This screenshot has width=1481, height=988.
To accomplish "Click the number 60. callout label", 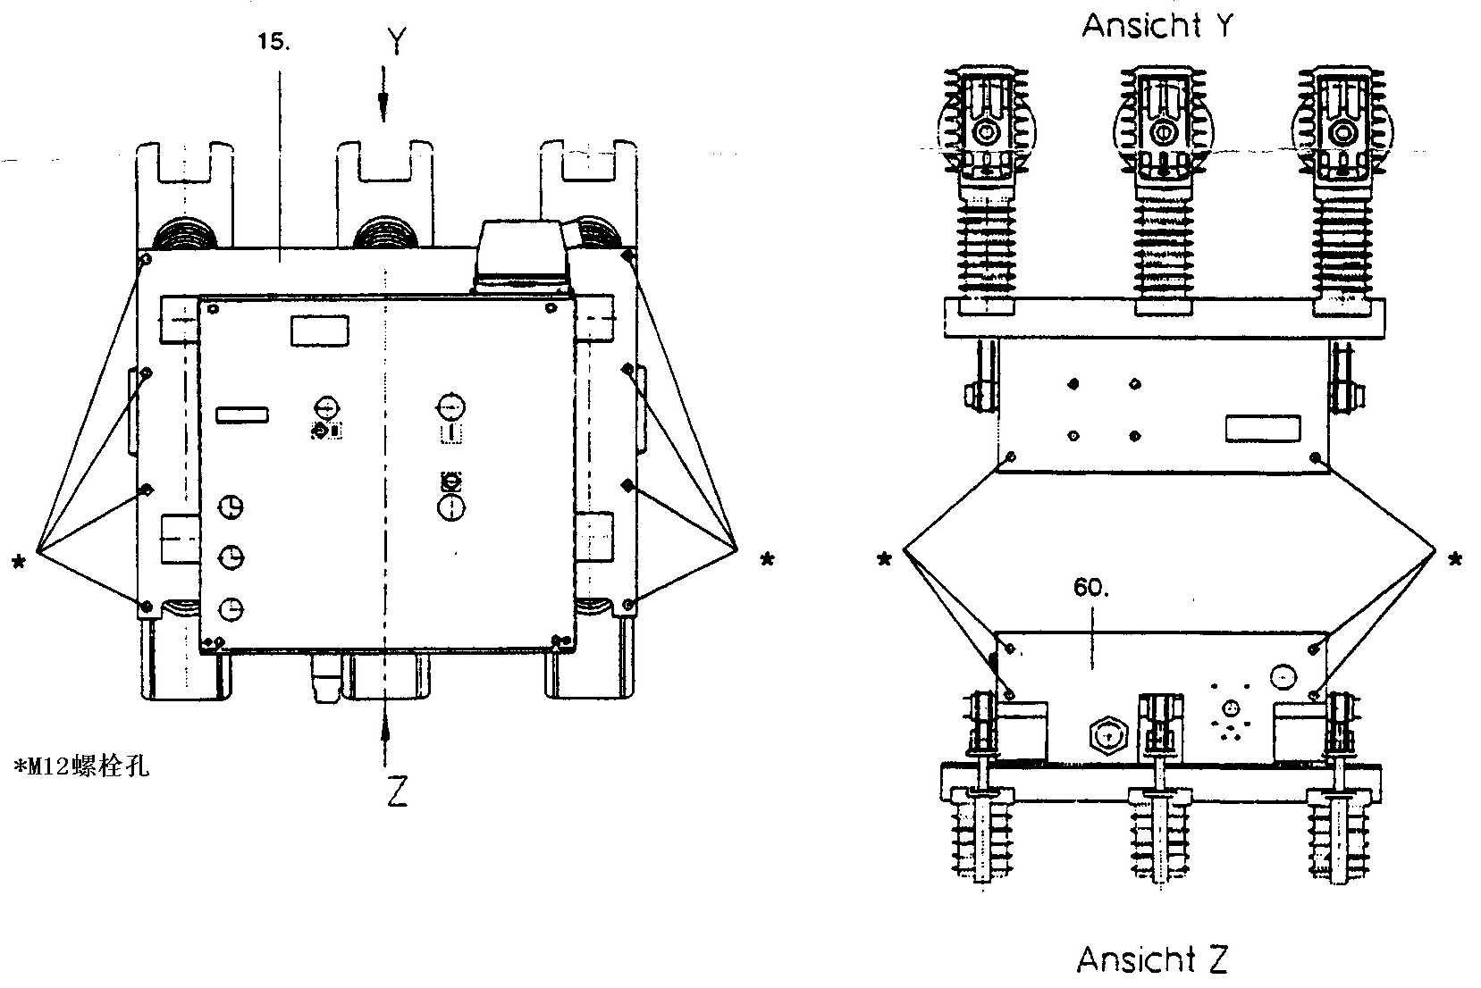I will click(x=1090, y=588).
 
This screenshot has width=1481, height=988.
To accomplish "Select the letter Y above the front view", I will click(x=396, y=41).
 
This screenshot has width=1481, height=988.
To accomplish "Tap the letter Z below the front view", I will click(x=397, y=790).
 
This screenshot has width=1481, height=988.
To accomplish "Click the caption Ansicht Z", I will click(x=1152, y=959).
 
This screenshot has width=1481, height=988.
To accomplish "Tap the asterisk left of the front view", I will click(x=19, y=562).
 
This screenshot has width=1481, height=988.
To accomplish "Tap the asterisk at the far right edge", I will click(x=1455, y=560).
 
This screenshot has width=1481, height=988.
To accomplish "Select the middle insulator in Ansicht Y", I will click(x=1162, y=188).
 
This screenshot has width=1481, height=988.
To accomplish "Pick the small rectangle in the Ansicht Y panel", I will click(x=1257, y=427).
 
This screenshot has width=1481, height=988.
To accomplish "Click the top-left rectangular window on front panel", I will click(x=320, y=331).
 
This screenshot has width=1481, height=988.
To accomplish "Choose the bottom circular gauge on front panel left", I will click(x=231, y=608).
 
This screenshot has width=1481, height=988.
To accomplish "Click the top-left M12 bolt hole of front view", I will click(x=146, y=259).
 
